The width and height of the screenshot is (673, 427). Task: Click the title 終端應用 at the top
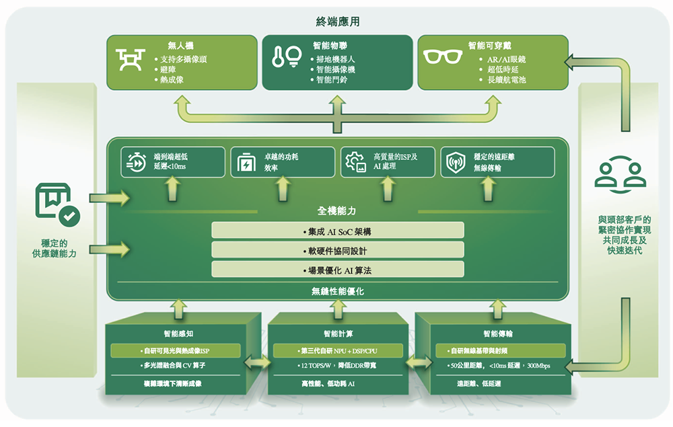coord(337,22)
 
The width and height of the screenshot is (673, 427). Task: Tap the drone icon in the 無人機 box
coord(130,59)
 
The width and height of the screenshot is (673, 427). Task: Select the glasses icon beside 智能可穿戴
coord(440,57)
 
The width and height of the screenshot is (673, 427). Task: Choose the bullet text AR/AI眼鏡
coord(507,59)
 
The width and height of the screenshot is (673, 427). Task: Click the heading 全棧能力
coord(337,211)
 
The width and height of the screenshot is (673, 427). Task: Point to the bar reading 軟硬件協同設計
coord(337,250)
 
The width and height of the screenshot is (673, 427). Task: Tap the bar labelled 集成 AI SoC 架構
coord(337,231)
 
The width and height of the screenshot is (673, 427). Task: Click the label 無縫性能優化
coord(337,292)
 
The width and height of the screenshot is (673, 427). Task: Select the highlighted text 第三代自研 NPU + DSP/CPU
coord(337,351)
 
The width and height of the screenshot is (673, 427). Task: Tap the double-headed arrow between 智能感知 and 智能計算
coord(257,362)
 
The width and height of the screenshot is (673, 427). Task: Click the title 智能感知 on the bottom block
coord(178,334)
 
